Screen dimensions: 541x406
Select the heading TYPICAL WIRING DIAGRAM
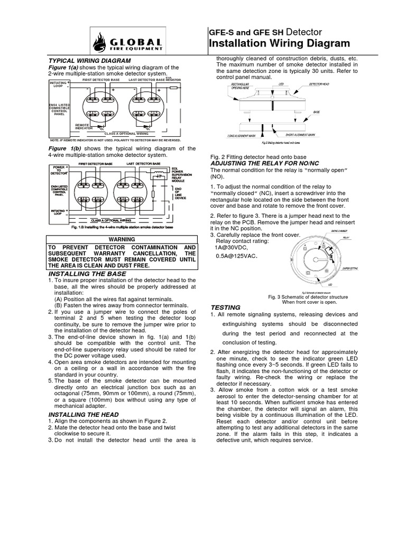coord(82,61)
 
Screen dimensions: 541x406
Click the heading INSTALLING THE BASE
coord(87,274)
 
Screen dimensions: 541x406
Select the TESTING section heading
coord(226,307)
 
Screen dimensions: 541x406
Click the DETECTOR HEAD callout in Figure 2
coord(320,84)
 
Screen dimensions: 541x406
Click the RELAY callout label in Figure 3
coord(346,239)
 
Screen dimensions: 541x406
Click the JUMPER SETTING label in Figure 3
coord(349,269)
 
